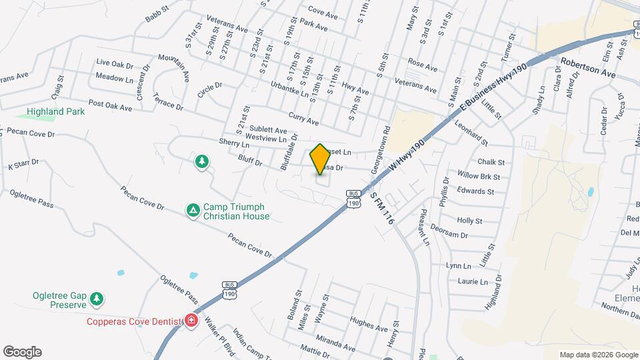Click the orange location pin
[320, 159]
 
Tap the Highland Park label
[56, 111]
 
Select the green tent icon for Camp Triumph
[193, 211]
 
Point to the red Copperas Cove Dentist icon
[191, 321]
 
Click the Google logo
[22, 352]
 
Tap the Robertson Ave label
[587, 68]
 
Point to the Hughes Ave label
[369, 323]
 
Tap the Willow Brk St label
[478, 176]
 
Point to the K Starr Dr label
[23, 164]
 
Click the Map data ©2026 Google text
[598, 355]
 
